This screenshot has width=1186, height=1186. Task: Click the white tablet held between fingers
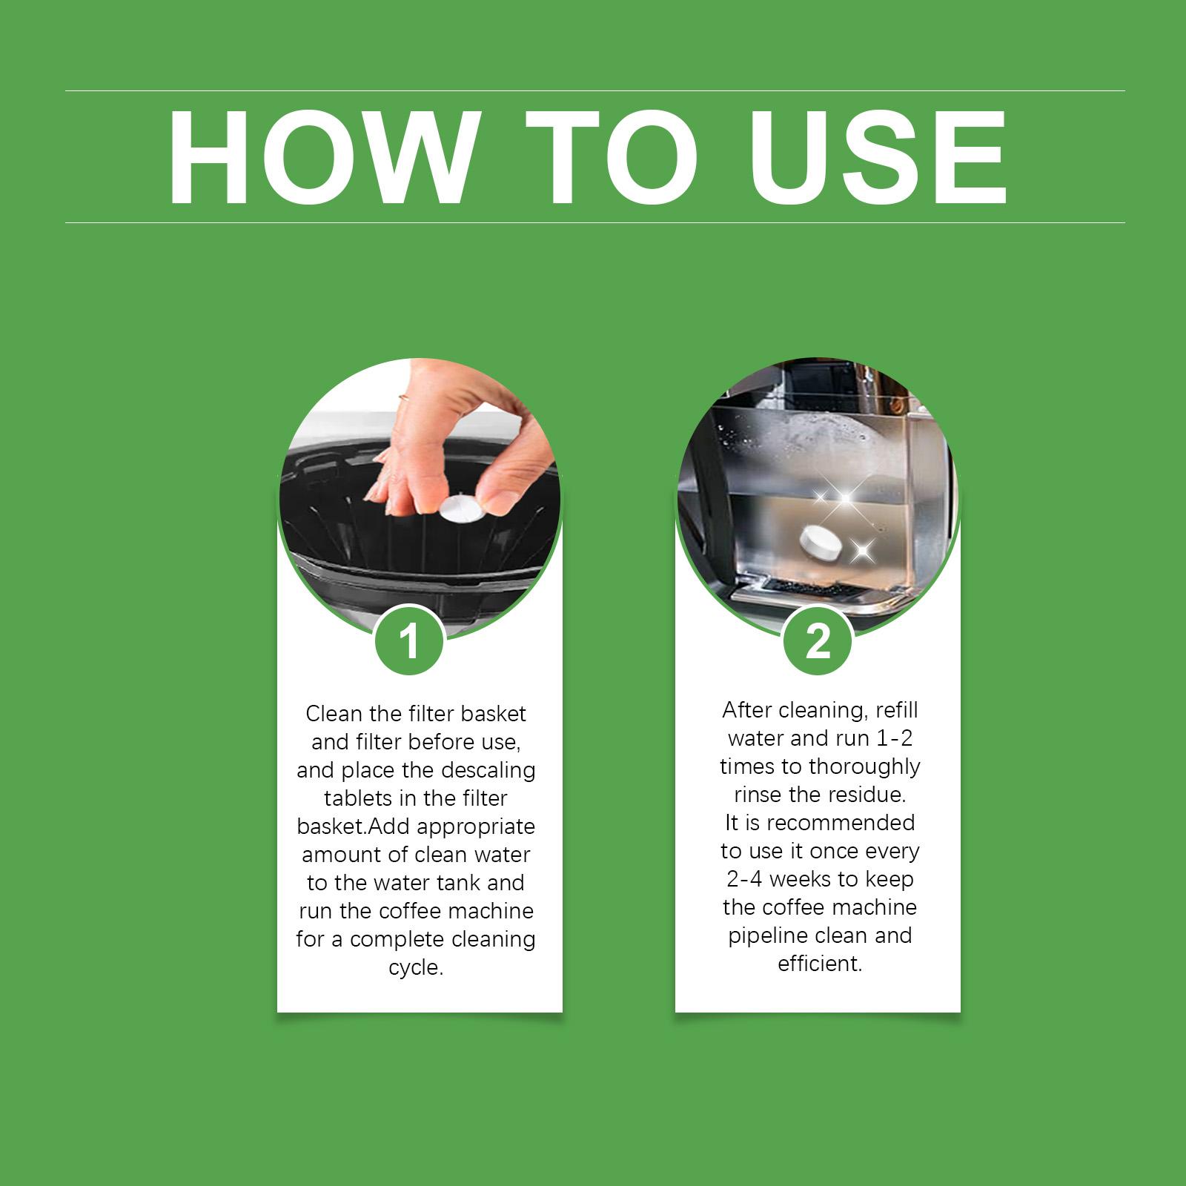pyautogui.click(x=460, y=509)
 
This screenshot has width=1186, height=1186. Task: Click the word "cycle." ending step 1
pyautogui.click(x=416, y=968)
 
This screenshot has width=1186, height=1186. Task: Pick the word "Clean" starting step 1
pyautogui.click(x=334, y=714)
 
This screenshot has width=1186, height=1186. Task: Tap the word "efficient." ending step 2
pyautogui.click(x=820, y=964)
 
